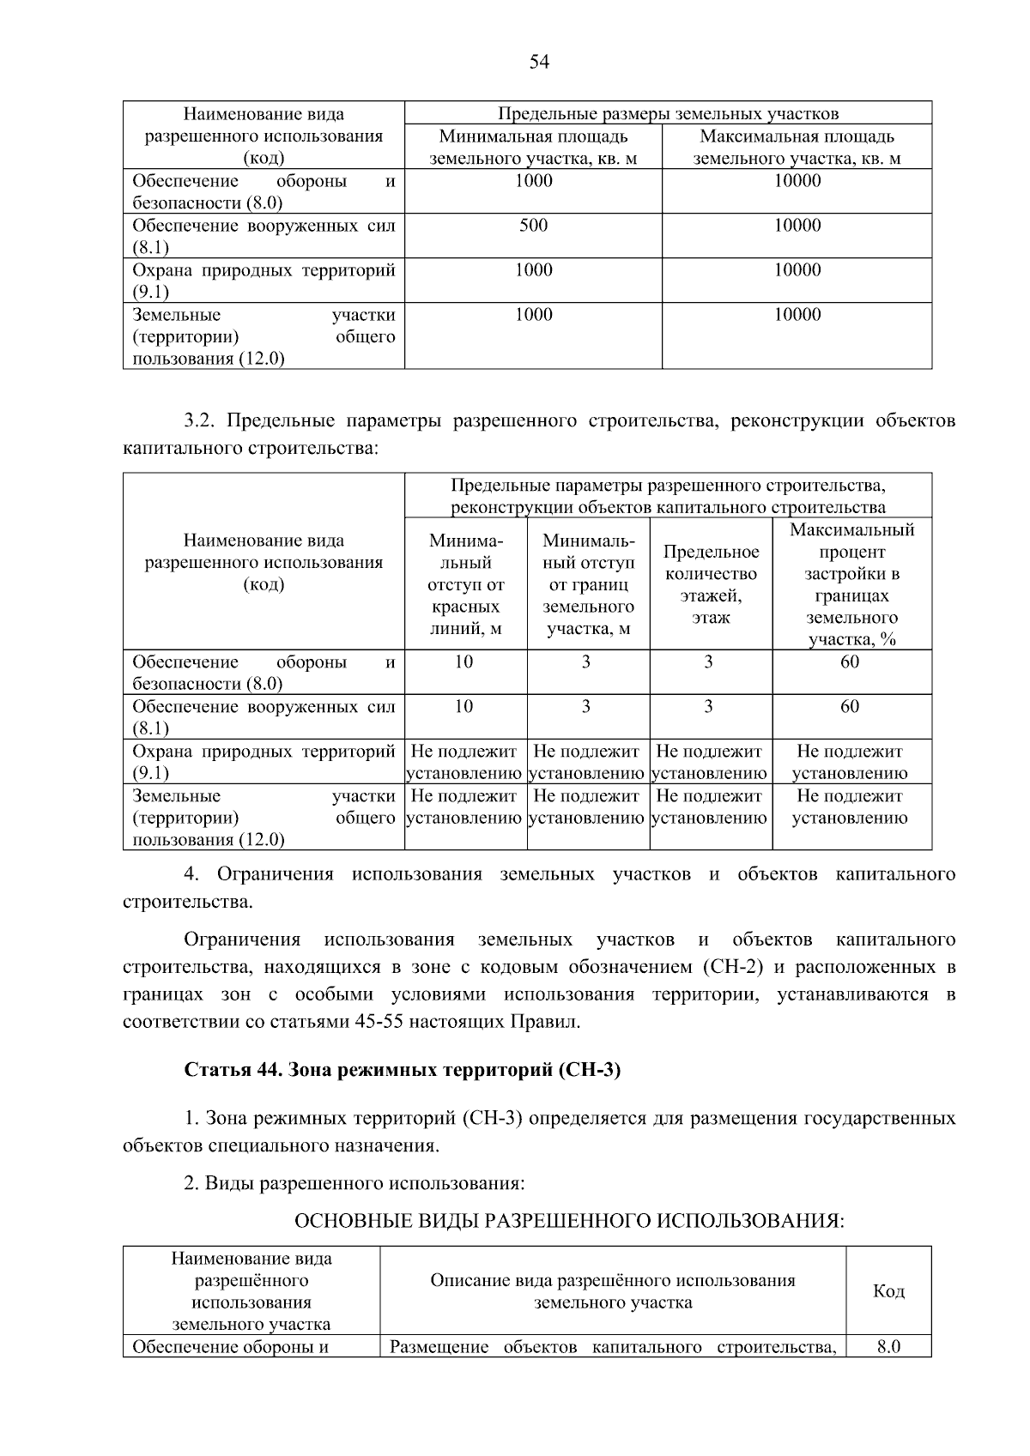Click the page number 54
pos(539,62)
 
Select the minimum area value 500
pos(533,226)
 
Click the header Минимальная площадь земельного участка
pos(533,148)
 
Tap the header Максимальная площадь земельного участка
pos(797,148)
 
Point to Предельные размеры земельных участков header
pos(668,114)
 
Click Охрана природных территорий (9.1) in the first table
pos(264,281)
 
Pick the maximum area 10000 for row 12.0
pos(797,315)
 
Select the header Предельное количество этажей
pos(711,584)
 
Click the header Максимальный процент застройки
pos(851,584)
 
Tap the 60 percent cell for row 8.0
pos(850,662)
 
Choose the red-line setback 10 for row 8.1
pos(463,707)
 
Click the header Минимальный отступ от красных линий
pos(465,584)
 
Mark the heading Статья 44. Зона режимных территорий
pos(402,1071)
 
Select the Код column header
pos(888,1291)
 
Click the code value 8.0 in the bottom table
pos(888,1346)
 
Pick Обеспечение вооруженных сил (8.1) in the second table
pos(264,717)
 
